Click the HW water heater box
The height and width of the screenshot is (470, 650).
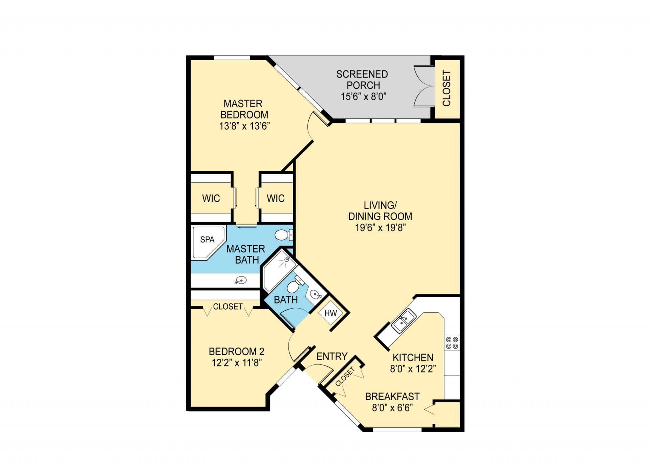[330, 313]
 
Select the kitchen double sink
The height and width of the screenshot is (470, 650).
[404, 321]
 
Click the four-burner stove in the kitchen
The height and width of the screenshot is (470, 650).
[452, 342]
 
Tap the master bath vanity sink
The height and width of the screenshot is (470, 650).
[241, 280]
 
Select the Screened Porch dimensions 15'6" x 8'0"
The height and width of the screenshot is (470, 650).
[363, 97]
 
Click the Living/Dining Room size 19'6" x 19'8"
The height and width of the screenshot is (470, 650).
[380, 228]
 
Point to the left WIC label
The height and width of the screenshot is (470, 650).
[211, 198]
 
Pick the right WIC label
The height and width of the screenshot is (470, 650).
[276, 198]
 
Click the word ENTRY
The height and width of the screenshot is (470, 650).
[332, 356]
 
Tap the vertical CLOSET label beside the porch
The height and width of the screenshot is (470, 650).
[447, 88]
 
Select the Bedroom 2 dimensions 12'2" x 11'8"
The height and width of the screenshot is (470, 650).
[236, 363]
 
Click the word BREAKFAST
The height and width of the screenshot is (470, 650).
[392, 397]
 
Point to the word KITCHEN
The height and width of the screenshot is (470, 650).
[413, 358]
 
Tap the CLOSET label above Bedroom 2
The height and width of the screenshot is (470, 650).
[227, 307]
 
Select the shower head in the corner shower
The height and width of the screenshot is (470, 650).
[287, 260]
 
